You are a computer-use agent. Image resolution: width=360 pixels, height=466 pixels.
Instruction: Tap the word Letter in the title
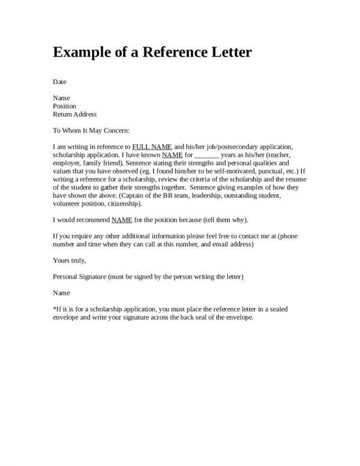226,53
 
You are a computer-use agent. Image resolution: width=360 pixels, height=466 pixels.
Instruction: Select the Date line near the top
60,82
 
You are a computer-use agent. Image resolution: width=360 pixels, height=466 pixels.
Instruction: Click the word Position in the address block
64,106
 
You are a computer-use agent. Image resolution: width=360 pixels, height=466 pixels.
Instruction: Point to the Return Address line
75,114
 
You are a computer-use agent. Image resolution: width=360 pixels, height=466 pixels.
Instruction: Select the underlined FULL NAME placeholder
152,146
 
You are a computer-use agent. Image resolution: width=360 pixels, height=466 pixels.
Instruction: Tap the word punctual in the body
269,171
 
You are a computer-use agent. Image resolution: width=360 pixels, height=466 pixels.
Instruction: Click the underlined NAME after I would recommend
120,220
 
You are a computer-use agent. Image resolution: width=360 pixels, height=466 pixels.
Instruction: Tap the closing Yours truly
69,260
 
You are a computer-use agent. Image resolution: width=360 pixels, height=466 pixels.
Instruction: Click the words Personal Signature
79,276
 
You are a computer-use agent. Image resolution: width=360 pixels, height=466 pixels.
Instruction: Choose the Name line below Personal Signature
61,293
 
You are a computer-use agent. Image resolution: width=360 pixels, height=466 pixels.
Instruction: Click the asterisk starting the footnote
54,309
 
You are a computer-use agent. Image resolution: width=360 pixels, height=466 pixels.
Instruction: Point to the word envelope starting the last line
66,317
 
